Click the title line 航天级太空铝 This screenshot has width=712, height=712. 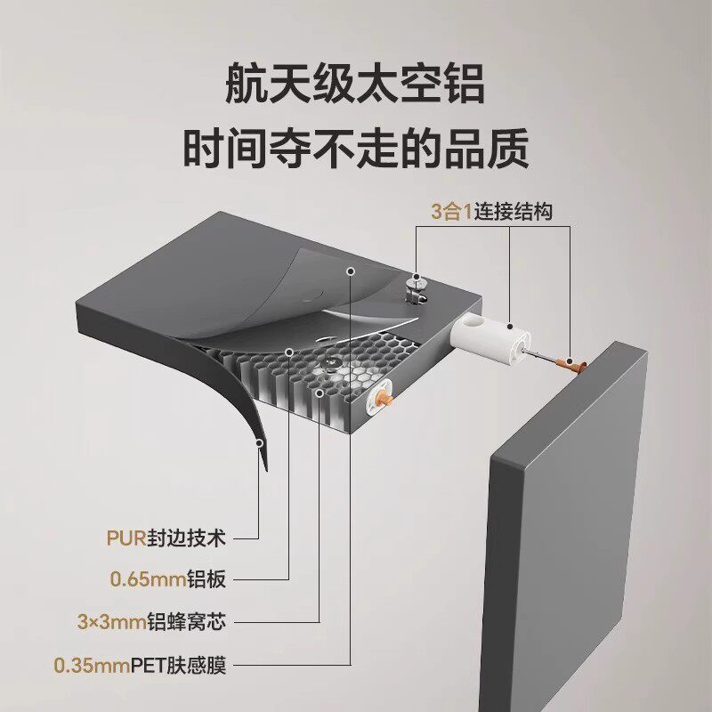(355, 87)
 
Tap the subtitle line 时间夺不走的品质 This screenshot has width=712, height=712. (355, 149)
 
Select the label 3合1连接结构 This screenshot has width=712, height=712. (492, 212)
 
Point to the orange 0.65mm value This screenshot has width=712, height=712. (148, 579)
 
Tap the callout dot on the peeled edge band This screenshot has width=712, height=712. (260, 441)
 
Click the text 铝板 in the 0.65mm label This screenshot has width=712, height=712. (207, 579)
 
